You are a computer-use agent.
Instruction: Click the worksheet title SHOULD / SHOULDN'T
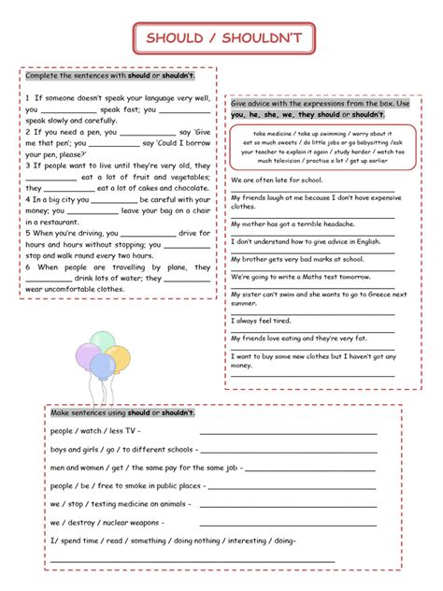pyautogui.click(x=221, y=38)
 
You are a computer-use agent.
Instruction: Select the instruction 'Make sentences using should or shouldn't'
pyautogui.click(x=122, y=412)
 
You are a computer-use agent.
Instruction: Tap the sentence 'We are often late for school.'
pyautogui.click(x=277, y=179)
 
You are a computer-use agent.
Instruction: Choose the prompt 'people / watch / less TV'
pyautogui.click(x=94, y=431)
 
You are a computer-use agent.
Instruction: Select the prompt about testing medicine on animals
pyautogui.click(x=120, y=504)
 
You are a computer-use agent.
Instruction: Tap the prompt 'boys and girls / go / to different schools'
pyautogui.click(x=122, y=449)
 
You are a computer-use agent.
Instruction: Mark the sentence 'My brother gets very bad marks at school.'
pyautogui.click(x=296, y=259)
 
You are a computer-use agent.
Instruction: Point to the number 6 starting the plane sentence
pyautogui.click(x=28, y=267)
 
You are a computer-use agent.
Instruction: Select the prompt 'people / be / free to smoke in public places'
pyautogui.click(x=126, y=485)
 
